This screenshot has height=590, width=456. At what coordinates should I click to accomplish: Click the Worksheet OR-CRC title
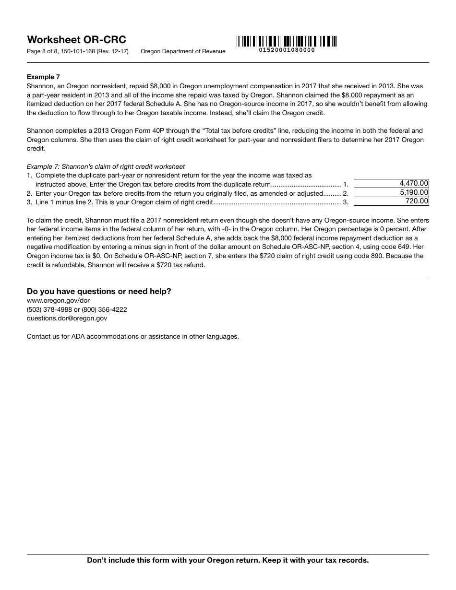coord(76,40)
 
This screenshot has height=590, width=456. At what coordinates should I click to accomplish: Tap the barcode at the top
coord(287,41)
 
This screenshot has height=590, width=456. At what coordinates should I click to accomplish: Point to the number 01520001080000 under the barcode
coord(287,50)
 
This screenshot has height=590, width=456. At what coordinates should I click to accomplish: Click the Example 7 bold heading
coord(43,77)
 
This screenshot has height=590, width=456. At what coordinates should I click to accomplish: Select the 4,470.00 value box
coord(391,183)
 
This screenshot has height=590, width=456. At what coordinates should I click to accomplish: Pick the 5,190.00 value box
coord(391,192)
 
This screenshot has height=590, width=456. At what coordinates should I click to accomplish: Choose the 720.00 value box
coord(391,201)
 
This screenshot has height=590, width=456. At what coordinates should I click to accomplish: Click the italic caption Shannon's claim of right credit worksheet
coord(106,167)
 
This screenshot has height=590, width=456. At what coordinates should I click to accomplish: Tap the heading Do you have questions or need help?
coord(99,291)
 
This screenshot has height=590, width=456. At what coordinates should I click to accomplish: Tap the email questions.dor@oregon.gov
coord(67,318)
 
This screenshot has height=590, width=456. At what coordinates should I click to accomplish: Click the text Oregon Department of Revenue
coord(183,51)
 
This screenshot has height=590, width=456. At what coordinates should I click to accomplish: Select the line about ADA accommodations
coord(132,336)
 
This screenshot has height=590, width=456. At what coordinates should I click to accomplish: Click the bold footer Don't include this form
coord(228,560)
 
